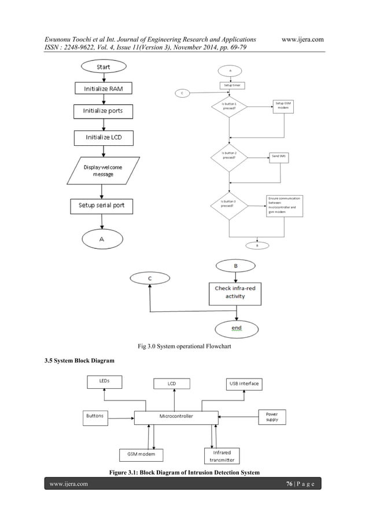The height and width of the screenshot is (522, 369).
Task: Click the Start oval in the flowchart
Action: [x=103, y=67]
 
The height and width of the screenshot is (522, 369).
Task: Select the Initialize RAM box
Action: [x=103, y=89]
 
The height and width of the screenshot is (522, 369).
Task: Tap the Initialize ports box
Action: [x=103, y=111]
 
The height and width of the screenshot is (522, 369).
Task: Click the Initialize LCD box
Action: [x=103, y=138]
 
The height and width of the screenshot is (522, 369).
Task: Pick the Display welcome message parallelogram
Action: [x=103, y=170]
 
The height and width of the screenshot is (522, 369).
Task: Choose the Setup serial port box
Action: [x=102, y=205]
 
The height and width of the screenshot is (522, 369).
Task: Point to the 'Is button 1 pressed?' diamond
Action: [x=229, y=106]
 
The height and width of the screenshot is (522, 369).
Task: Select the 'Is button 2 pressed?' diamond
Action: [x=229, y=156]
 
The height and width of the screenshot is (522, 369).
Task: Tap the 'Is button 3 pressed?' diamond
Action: [x=229, y=204]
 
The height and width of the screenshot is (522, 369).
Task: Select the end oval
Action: [x=237, y=328]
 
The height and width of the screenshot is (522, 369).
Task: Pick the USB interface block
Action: [x=243, y=384]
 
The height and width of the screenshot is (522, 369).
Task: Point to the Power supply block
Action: [x=272, y=417]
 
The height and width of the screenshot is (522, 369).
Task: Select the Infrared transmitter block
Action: [x=222, y=456]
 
